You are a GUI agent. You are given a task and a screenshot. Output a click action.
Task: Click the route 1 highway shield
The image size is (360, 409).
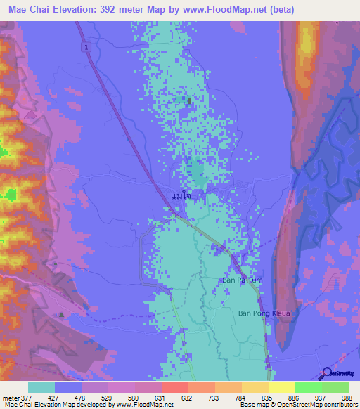pyautogui.click(x=84, y=46)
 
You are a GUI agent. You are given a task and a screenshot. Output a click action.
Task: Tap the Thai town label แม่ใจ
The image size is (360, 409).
pyautogui.click(x=181, y=197)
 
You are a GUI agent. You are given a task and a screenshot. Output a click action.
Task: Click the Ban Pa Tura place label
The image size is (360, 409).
pyautogui.click(x=242, y=280)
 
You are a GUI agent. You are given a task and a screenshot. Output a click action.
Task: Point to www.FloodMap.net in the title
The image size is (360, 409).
pyautogui.click(x=226, y=9)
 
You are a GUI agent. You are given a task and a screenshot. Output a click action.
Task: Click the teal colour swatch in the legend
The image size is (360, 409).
pyautogui.click(x=41, y=387)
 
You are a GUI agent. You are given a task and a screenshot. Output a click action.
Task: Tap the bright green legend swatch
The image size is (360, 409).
pyautogui.click(x=308, y=387)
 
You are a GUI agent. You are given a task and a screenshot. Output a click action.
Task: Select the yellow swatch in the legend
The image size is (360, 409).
pyautogui.click(x=281, y=387)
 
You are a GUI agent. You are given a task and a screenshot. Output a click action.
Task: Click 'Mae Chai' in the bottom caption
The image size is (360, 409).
pyautogui.click(x=15, y=405)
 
